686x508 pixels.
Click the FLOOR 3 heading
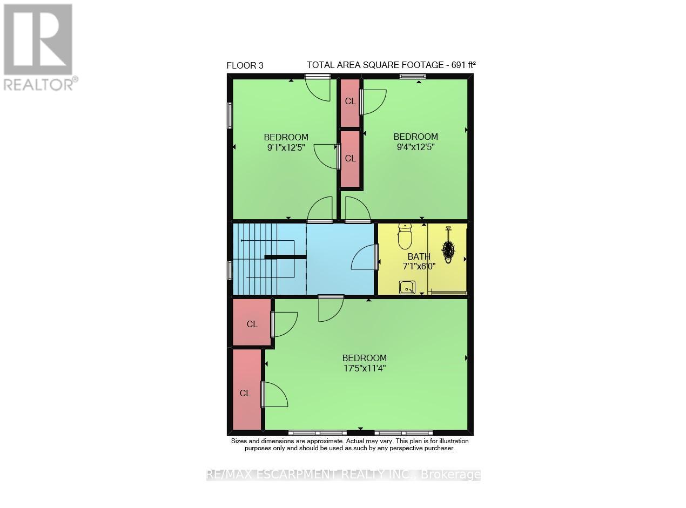pos(245,65)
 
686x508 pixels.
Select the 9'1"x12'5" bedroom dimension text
pos(286,146)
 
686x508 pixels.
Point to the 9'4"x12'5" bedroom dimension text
pos(415,146)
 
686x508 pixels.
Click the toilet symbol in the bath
pos(405,236)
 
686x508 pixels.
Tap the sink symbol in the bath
pos(407,287)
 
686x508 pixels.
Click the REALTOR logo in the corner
pos(38,46)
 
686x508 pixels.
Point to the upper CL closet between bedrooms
pos(351,101)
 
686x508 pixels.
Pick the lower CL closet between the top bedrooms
pos(351,159)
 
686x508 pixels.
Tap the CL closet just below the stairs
pos(252,324)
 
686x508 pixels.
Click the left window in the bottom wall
pos(317,432)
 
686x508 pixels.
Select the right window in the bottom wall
pos(403,432)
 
